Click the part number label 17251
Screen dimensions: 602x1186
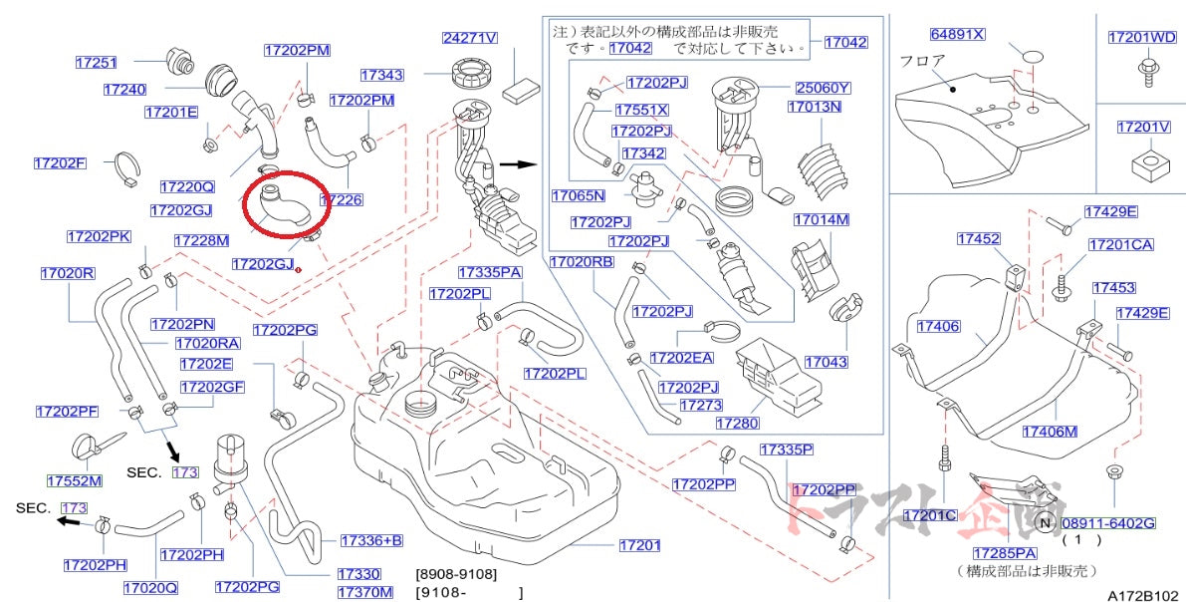pyautogui.click(x=96, y=62)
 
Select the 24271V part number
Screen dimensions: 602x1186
pyautogui.click(x=469, y=39)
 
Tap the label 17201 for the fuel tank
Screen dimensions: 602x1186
pyautogui.click(x=639, y=545)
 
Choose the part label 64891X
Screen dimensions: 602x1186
pyautogui.click(x=957, y=34)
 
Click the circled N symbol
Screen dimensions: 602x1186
pyautogui.click(x=1045, y=523)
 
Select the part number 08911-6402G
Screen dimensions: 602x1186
pyautogui.click(x=1107, y=523)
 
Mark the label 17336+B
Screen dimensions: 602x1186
pyautogui.click(x=370, y=541)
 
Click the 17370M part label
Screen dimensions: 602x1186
pyautogui.click(x=364, y=592)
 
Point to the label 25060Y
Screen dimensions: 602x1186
pyautogui.click(x=823, y=88)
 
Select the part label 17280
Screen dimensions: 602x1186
pyautogui.click(x=738, y=424)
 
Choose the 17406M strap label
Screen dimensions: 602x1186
pyautogui.click(x=1050, y=432)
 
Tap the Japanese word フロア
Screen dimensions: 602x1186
pyautogui.click(x=922, y=60)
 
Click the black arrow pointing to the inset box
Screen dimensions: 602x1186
pyautogui.click(x=516, y=165)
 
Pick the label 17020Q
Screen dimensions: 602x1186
pyautogui.click(x=150, y=587)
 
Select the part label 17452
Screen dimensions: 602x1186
pyautogui.click(x=979, y=239)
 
